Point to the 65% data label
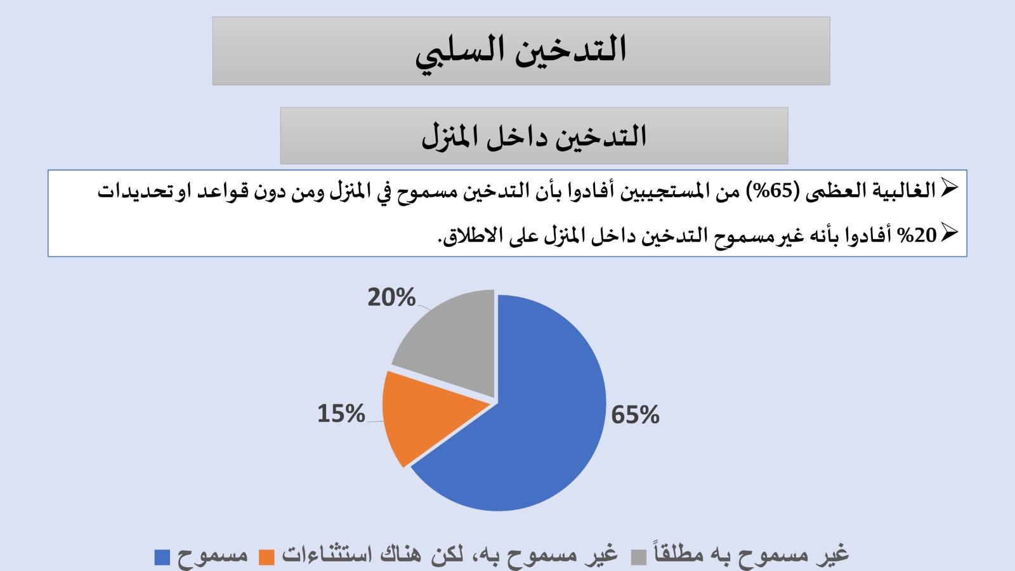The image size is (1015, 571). point(635,415)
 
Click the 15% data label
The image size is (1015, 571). point(341,414)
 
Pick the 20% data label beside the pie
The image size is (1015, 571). point(391,298)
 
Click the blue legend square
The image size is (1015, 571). point(162,557)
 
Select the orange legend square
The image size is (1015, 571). point(266,557)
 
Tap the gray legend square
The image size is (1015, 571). point(639,557)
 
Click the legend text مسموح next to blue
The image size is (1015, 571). point(213,556)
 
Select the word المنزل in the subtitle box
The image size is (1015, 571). point(450,137)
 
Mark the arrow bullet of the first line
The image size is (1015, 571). point(949,188)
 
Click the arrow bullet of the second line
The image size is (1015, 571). point(949,233)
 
